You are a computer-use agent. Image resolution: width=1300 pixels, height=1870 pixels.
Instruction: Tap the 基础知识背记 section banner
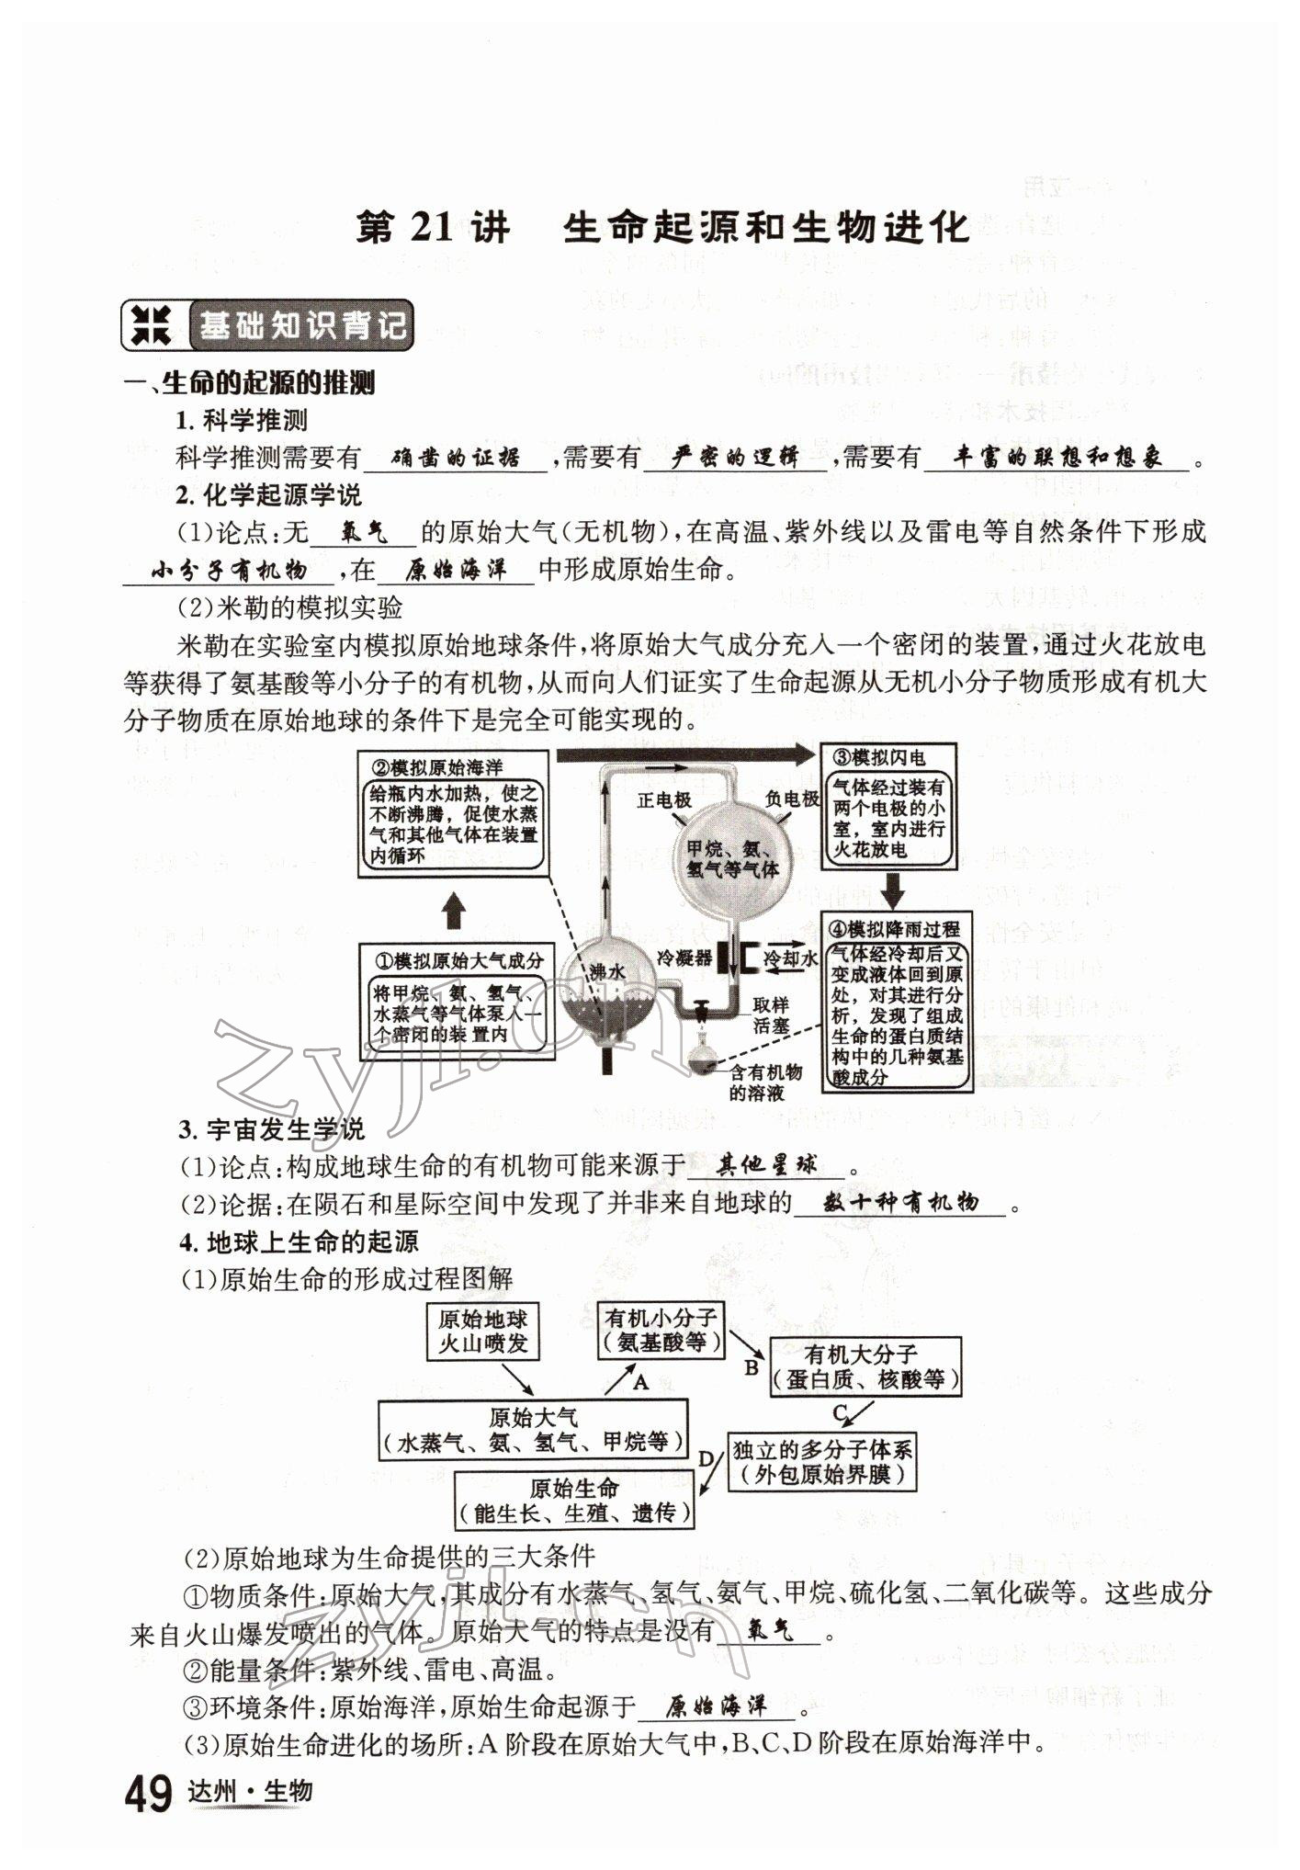coord(267,325)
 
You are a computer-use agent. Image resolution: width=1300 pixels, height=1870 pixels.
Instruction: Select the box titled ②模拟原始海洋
coord(453,813)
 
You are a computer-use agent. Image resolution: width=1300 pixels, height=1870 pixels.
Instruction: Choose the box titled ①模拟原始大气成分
coord(456,1002)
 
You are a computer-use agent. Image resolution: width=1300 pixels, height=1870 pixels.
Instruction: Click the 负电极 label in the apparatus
coord(793,798)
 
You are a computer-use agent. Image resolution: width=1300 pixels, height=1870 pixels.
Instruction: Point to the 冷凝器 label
coord(684,958)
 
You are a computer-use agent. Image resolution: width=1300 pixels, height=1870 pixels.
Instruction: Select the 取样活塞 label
coord(770,1014)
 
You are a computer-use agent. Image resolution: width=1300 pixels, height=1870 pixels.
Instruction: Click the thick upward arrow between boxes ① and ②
coord(454,912)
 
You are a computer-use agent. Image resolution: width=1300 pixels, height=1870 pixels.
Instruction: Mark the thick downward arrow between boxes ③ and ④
coord(893,889)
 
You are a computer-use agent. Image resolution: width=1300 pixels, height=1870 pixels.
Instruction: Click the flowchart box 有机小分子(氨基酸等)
coord(660,1330)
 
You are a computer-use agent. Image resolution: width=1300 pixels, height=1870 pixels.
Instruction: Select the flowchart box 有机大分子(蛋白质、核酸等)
coord(865,1367)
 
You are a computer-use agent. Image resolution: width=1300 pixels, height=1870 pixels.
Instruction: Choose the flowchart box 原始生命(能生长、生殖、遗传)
coord(574,1500)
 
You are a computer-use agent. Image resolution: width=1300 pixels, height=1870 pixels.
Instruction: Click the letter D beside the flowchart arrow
coord(706,1459)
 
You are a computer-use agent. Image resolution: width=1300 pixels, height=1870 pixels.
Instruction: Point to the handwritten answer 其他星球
coord(766,1165)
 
